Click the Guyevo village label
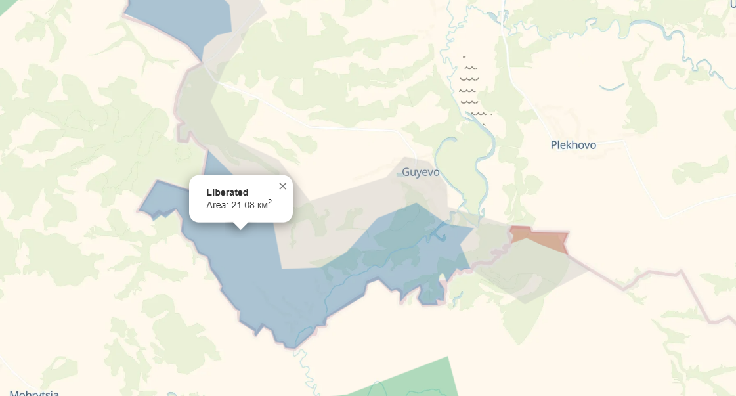click(421, 173)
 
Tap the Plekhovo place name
click(573, 145)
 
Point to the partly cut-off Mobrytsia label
click(34, 393)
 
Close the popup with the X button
click(283, 187)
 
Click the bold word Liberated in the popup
click(227, 192)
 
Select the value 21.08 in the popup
click(242, 206)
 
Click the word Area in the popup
click(216, 206)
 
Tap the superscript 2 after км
click(270, 202)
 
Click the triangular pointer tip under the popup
click(241, 227)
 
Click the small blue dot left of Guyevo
click(399, 175)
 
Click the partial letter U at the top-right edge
click(733, 4)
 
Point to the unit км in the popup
click(261, 206)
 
